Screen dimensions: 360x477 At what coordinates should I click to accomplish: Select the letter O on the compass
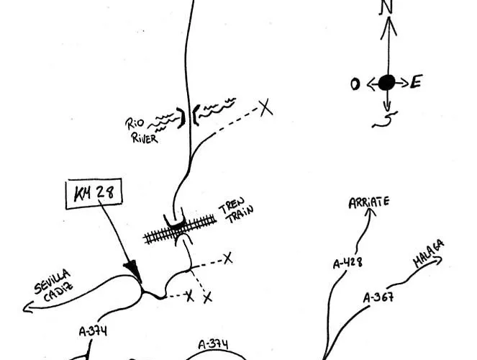coord(355,84)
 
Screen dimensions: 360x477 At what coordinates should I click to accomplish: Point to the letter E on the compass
coord(416,83)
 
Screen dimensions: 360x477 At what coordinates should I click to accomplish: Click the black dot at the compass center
coord(386,83)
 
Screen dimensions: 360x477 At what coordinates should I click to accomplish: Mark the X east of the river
coord(265,108)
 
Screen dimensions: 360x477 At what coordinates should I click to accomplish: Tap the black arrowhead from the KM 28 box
coord(132,269)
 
